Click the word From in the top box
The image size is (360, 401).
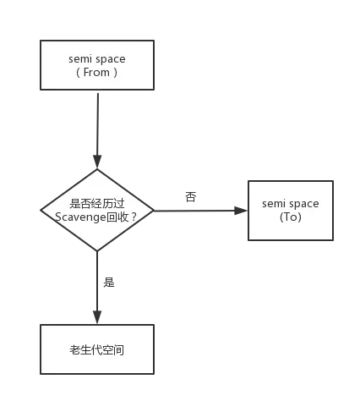(x=96, y=72)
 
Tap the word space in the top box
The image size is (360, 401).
(x=110, y=59)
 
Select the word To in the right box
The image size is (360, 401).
(x=291, y=217)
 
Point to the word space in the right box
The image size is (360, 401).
(x=303, y=204)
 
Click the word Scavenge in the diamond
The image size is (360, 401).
(x=80, y=217)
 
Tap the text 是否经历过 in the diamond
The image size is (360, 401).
(x=97, y=203)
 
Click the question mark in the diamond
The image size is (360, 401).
(x=134, y=217)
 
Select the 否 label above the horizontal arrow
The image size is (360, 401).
(x=191, y=197)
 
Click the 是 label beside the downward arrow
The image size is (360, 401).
(x=109, y=282)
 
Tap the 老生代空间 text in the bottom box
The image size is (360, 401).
(x=96, y=350)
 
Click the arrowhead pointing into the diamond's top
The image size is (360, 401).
(x=97, y=162)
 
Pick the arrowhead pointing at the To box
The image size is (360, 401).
(x=241, y=211)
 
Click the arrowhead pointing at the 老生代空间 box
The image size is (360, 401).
(x=97, y=317)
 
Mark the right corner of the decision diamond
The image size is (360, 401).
(x=154, y=211)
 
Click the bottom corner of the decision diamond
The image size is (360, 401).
(x=97, y=250)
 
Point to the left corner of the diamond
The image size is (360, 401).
(x=41, y=210)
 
